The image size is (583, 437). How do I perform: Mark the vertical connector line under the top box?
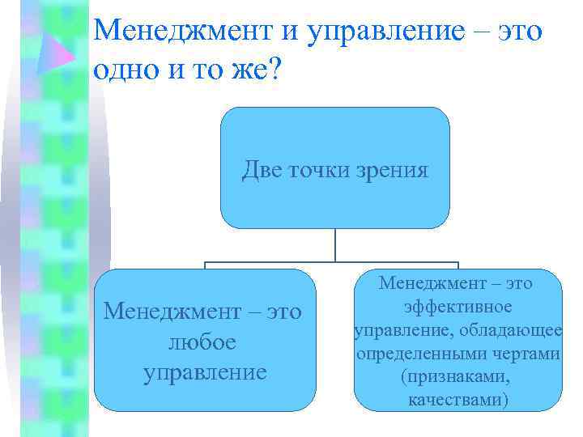pos(335,244)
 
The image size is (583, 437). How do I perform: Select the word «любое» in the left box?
pos(202,342)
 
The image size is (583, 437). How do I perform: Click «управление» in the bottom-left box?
pos(204,372)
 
